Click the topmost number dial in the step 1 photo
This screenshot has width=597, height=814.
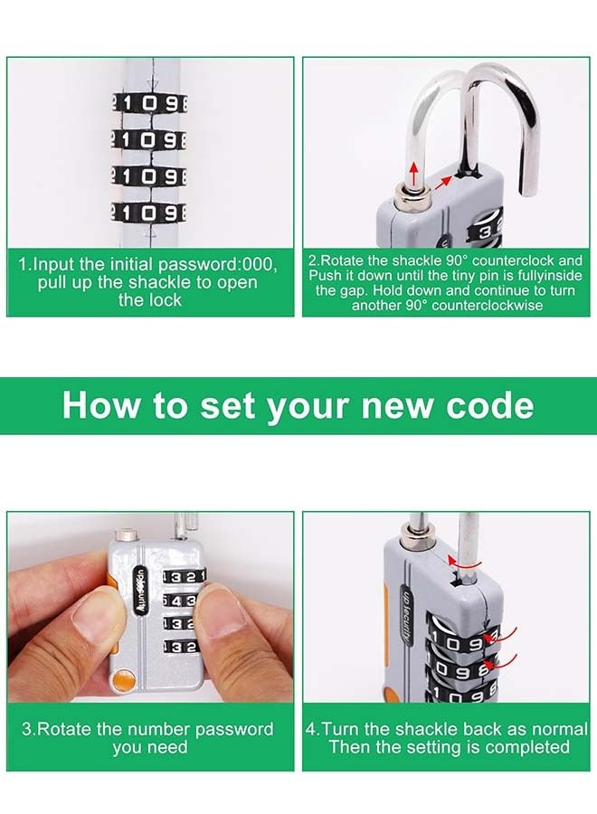(149, 104)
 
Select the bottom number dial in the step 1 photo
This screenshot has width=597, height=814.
(149, 213)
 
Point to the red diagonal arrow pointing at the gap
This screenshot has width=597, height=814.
(447, 180)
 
